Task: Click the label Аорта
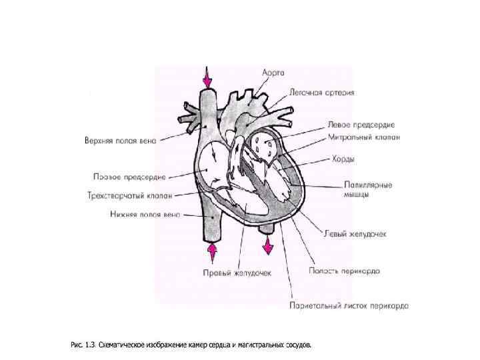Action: click(273, 71)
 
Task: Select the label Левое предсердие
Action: click(361, 125)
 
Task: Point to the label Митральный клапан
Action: click(364, 138)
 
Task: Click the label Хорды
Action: click(343, 159)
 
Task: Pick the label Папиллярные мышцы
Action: click(368, 189)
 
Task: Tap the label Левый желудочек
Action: click(355, 234)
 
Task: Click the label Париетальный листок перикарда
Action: click(349, 306)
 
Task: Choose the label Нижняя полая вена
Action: click(145, 215)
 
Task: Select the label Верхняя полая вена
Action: click(120, 141)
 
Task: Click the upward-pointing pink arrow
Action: click(213, 253)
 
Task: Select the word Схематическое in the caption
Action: click(122, 345)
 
